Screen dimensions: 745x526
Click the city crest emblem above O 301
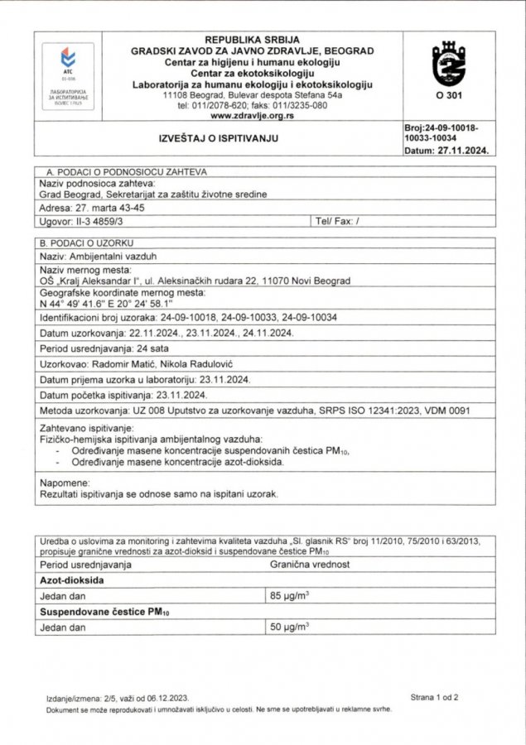[449, 65]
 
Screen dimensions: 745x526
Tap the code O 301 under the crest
[449, 96]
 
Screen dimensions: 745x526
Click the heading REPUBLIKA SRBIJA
[252, 40]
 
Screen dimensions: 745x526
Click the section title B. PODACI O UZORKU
[90, 243]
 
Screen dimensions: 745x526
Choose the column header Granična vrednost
[311, 564]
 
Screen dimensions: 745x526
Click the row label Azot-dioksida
[74, 579]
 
